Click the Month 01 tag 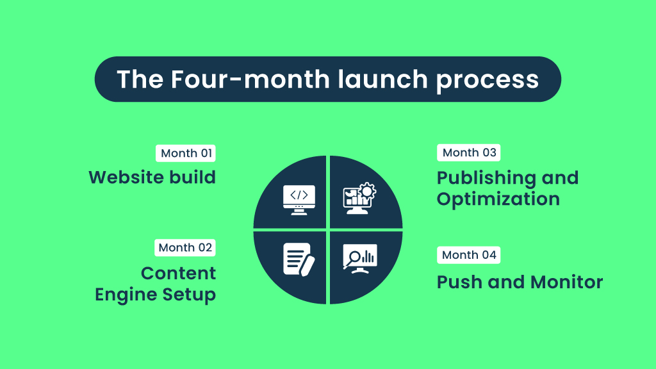[x=185, y=153]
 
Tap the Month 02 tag [x=185, y=247]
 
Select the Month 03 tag [x=469, y=152]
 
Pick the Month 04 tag [x=469, y=254]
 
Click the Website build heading [x=152, y=177]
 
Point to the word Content [x=178, y=273]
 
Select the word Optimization [x=498, y=199]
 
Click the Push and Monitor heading [x=520, y=282]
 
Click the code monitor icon [x=299, y=197]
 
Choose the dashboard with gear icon [x=359, y=198]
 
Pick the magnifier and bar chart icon [x=359, y=258]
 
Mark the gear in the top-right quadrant [x=368, y=190]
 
